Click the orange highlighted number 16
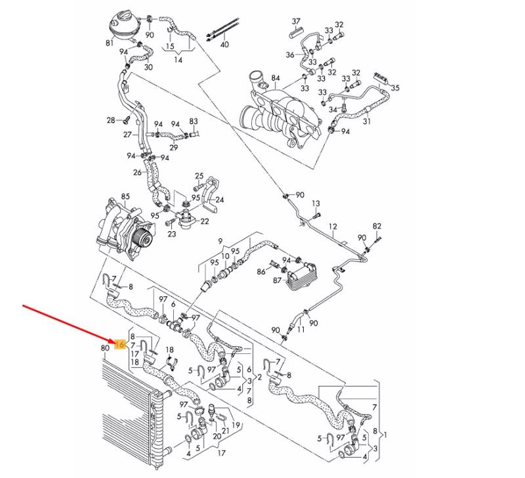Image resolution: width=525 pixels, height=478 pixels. pos(120,343)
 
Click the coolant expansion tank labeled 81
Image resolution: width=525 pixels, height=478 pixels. pos(123,24)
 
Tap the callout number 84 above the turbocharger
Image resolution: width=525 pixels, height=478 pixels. pos(275,78)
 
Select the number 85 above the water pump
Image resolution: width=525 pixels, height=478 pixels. pos(125,196)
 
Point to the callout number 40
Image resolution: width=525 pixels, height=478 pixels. pos(224,44)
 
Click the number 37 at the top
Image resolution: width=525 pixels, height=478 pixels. pos(296,22)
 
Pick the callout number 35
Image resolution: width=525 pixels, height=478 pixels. pos(395,88)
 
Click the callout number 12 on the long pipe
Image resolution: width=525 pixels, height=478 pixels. pos(332,227)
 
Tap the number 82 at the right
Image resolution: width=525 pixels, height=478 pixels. pos(377,226)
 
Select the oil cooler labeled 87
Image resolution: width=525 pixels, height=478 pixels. pos(301,274)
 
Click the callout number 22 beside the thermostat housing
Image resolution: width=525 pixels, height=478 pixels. pos(204,221)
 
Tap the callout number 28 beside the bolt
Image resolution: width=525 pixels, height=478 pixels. pos(111,120)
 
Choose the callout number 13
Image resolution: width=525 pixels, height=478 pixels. pos(316,204)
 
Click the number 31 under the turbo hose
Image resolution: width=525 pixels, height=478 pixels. pos(367,121)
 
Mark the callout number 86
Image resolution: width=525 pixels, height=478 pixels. pos(261,271)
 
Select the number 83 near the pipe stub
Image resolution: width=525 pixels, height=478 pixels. pos(194,121)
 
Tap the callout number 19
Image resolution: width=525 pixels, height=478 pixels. pos(236,425)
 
